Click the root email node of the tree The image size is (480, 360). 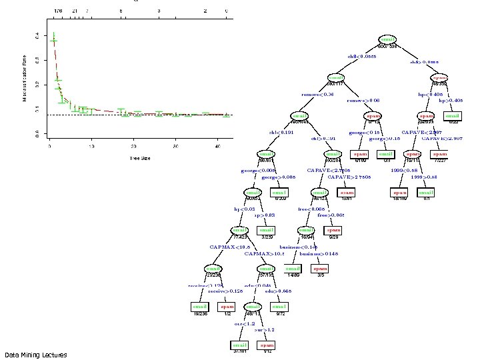tap(387, 39)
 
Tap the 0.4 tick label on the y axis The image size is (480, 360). tap(37, 35)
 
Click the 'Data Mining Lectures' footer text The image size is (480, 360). tap(35, 355)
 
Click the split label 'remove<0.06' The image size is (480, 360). tap(317, 95)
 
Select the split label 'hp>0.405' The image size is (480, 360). tap(450, 101)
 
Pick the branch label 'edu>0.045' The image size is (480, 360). tap(278, 291)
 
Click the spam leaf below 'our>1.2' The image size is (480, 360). tap(267, 345)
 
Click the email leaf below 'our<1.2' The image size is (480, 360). tap(239, 345)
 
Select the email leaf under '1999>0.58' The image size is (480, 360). tap(426, 193)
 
